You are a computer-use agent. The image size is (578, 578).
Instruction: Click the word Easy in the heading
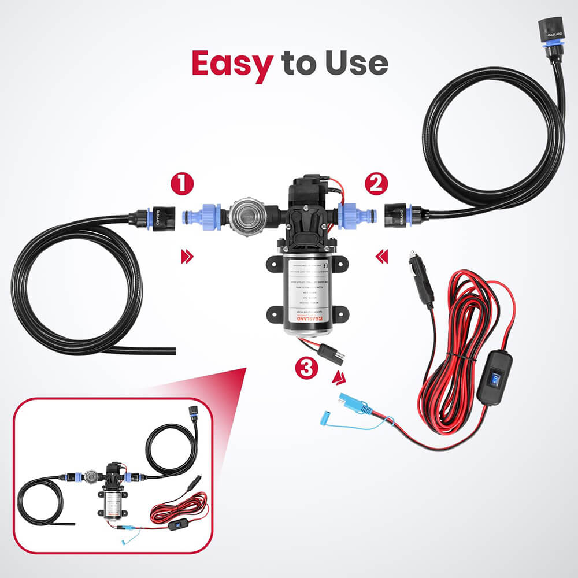click(231, 64)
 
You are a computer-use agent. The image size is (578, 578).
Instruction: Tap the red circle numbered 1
click(182, 186)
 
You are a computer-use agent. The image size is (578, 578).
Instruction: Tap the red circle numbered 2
click(377, 186)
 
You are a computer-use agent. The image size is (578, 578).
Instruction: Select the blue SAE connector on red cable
click(353, 403)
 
